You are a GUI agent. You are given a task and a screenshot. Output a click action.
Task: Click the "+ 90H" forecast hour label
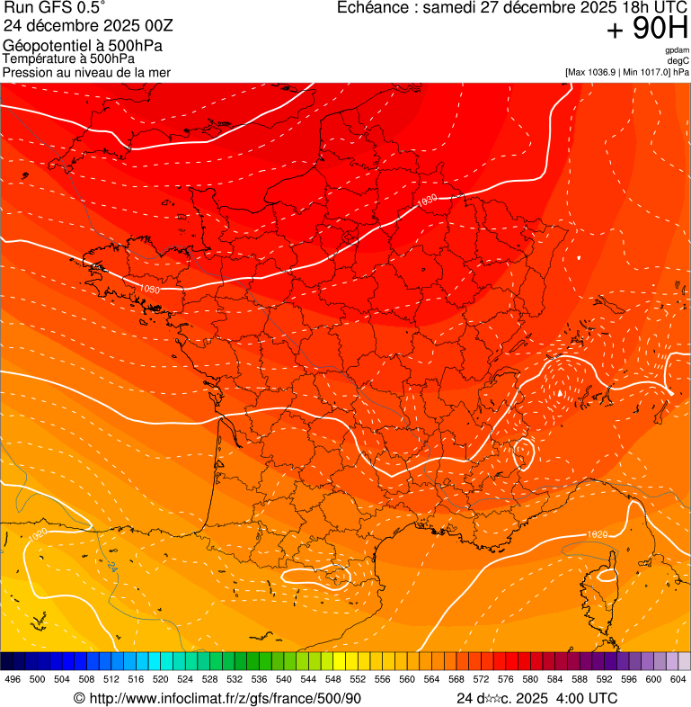[647, 30]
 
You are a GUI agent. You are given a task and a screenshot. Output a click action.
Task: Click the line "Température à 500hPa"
[68, 58]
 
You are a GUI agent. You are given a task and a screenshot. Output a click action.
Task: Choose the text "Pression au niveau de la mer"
[86, 72]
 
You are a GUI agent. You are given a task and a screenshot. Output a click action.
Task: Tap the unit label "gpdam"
[677, 50]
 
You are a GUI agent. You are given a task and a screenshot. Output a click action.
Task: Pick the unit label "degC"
[678, 60]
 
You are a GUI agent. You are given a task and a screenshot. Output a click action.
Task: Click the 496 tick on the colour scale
[13, 679]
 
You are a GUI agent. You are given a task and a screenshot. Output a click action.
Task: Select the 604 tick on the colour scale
[678, 679]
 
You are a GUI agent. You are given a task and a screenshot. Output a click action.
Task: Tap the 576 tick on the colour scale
[506, 679]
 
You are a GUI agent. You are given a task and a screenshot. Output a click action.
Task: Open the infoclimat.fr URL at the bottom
[225, 698]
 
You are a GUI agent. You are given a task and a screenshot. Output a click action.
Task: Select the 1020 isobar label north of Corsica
[597, 534]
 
